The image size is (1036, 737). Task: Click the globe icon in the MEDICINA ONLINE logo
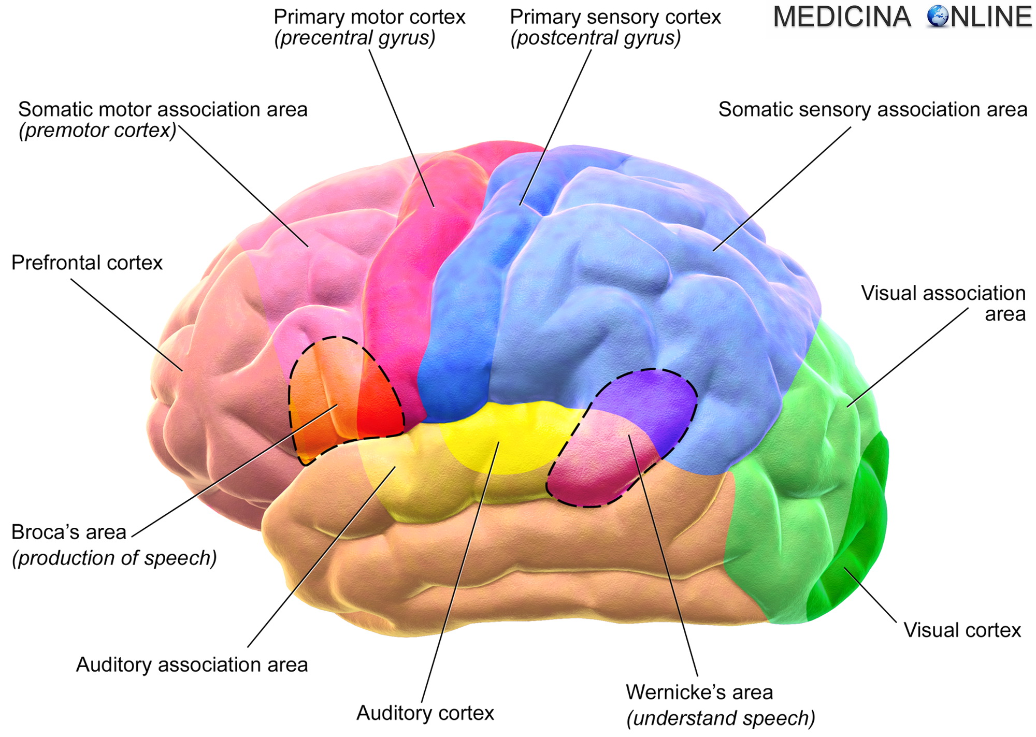click(938, 17)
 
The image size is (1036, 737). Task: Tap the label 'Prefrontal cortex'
click(87, 263)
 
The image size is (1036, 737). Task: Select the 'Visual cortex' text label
click(962, 630)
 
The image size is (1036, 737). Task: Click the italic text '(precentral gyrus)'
click(355, 38)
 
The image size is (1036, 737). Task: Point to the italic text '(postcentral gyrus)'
click(595, 38)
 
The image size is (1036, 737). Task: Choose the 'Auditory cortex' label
click(425, 713)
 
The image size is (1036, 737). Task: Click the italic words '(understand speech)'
click(721, 718)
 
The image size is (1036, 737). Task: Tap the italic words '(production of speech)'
click(114, 558)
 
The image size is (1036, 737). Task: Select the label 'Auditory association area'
click(192, 665)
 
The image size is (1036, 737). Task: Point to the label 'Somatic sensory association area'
click(872, 110)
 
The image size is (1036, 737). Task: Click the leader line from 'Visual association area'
click(906, 357)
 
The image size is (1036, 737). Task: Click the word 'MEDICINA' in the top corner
click(842, 17)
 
